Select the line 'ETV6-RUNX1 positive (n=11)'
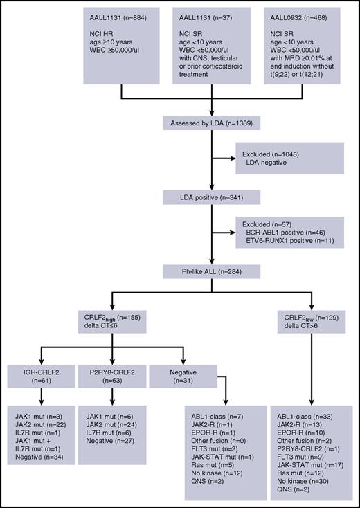287,244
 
